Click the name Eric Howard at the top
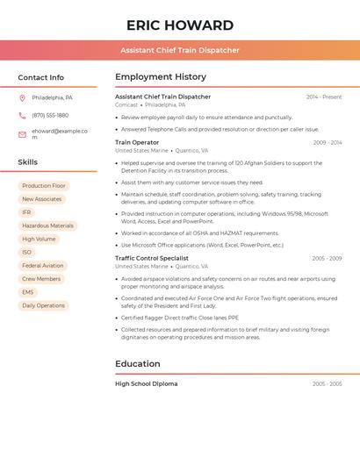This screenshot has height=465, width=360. coord(180,25)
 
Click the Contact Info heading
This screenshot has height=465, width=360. coord(41,77)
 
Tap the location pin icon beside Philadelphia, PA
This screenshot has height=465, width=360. coord(22,97)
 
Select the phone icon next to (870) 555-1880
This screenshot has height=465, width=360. coord(22,115)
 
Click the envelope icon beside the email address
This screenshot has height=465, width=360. coord(22,134)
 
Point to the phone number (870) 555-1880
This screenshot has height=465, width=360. coord(50,115)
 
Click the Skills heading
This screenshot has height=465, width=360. coord(28,162)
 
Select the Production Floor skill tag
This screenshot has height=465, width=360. coord(44,186)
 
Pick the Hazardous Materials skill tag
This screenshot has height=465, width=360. coord(47,225)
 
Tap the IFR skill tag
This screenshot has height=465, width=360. coord(26,212)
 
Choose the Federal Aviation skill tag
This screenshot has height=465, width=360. coord(43,265)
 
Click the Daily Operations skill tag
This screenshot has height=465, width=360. coord(44,305)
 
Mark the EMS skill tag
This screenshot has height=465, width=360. coord(28,292)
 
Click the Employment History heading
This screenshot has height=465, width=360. coord(161,77)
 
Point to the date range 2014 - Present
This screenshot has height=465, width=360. coord(324,97)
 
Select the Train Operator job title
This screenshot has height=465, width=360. coord(137,142)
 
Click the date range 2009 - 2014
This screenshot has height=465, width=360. coord(328,142)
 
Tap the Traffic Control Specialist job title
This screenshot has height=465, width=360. coord(152,258)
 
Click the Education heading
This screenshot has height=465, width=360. coord(138,363)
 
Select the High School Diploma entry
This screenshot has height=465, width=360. coord(147,383)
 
